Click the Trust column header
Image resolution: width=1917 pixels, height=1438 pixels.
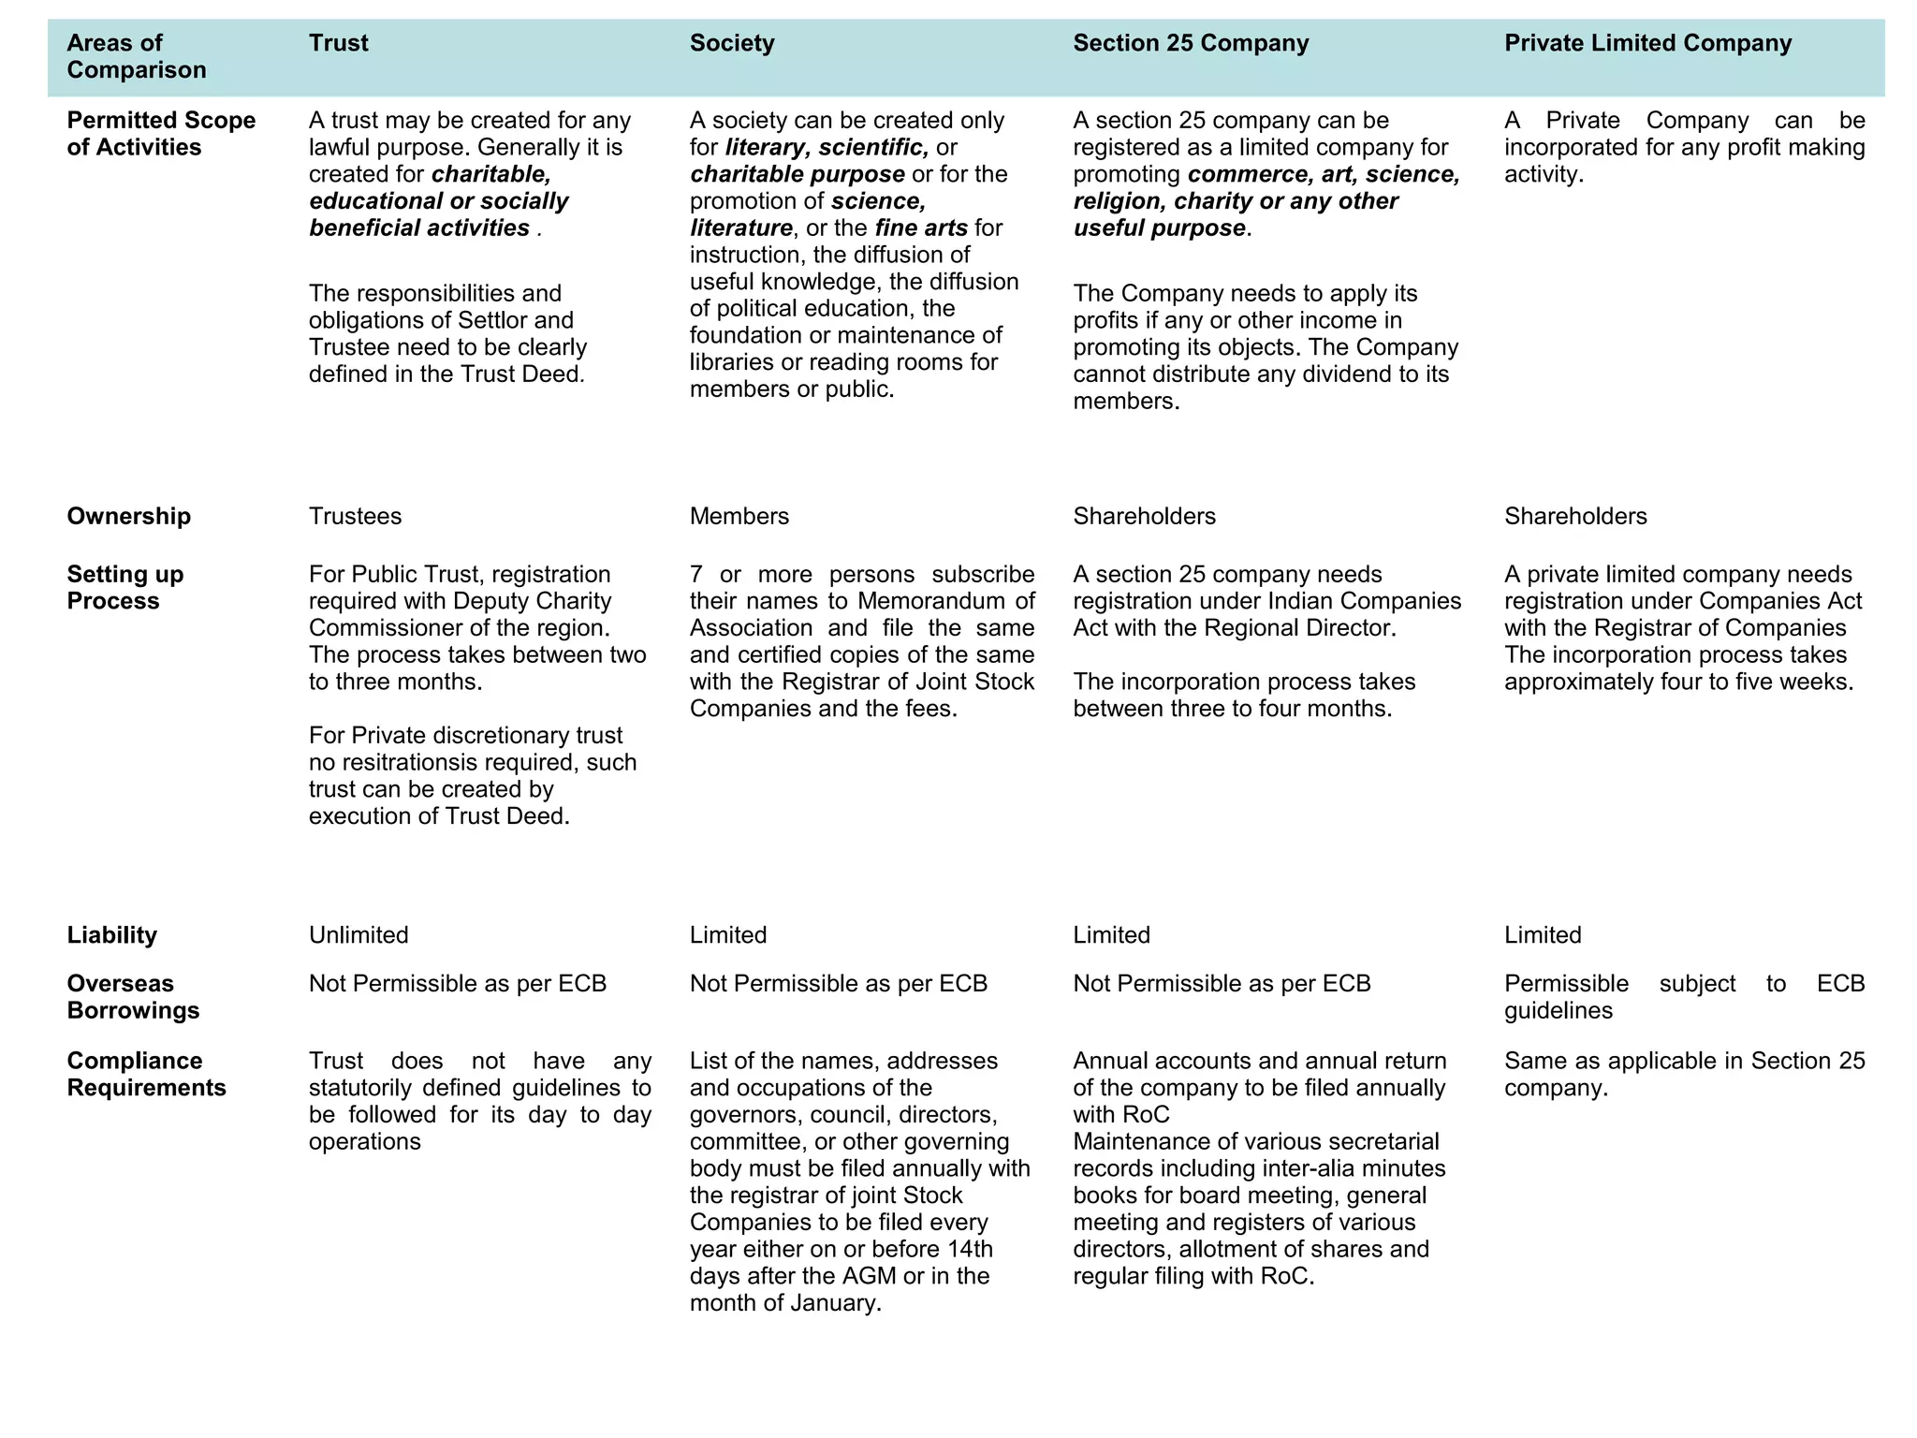click(x=339, y=43)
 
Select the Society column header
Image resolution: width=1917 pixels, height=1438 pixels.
click(x=732, y=43)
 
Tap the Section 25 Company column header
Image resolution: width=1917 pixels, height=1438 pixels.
click(x=1191, y=43)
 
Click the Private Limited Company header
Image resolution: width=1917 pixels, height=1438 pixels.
click(x=1647, y=43)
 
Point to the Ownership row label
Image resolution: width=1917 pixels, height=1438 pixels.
click(x=129, y=517)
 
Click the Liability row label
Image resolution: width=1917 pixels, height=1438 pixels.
click(x=112, y=935)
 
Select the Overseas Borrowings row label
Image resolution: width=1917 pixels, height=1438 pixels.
click(x=133, y=997)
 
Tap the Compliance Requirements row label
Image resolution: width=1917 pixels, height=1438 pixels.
click(x=146, y=1075)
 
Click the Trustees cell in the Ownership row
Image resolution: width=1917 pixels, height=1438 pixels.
click(x=356, y=517)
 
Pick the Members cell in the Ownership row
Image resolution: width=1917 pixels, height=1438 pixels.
click(x=739, y=517)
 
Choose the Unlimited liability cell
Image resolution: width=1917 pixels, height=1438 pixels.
click(x=359, y=935)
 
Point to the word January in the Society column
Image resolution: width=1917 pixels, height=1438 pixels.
click(x=835, y=1303)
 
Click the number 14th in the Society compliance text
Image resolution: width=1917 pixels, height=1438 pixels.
click(x=970, y=1250)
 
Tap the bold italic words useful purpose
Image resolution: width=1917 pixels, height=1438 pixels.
click(x=1159, y=228)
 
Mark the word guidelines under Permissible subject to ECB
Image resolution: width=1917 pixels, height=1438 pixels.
click(x=1558, y=1011)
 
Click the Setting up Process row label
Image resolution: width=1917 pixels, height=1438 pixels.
click(x=125, y=588)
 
